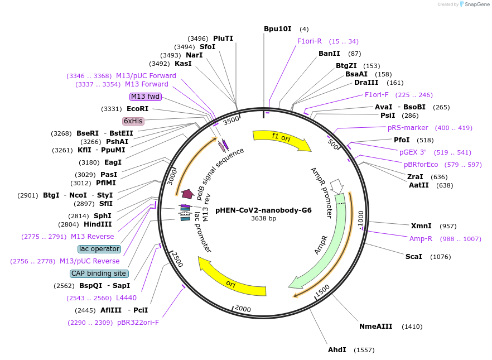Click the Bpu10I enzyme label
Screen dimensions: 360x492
tap(277, 29)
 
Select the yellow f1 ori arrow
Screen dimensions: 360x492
tap(282, 140)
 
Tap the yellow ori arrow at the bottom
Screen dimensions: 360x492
tap(231, 280)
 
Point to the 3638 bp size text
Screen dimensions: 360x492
tap(263, 219)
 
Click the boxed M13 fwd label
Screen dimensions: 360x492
tap(145, 97)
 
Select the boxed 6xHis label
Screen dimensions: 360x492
tap(133, 121)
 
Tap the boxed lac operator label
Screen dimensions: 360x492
tap(99, 249)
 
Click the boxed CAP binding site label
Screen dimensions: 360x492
tap(99, 273)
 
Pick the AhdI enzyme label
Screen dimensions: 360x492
tap(337, 350)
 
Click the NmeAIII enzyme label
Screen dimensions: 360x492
tap(375, 327)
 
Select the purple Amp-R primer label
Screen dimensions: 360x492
tap(421, 239)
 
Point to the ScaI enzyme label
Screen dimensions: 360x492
tap(413, 257)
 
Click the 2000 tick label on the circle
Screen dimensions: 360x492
tap(243, 309)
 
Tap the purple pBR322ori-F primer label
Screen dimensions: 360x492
tap(138, 323)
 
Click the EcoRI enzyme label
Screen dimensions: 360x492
tap(137, 109)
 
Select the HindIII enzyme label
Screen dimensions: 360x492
tap(98, 224)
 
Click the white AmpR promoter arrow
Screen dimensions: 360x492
tap(337, 186)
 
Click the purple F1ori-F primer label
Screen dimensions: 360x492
tap(377, 95)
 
